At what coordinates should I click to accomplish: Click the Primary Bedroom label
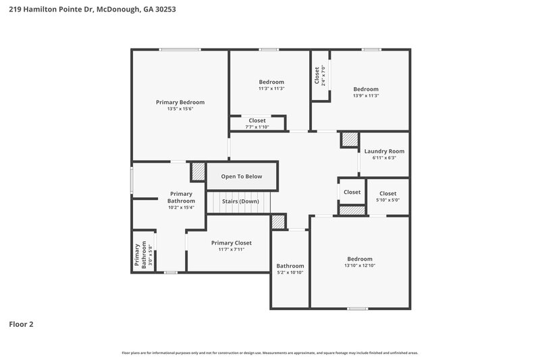pos(180,102)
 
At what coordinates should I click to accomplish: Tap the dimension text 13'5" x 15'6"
pos(180,109)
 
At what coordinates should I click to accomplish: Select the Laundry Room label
pos(384,151)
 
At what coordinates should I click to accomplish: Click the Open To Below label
pos(242,176)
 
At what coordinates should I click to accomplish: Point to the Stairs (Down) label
pos(241,201)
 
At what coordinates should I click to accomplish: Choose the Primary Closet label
pos(231,242)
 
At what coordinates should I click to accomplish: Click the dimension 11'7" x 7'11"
pos(231,249)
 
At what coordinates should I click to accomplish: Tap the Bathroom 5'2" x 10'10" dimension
pos(290,273)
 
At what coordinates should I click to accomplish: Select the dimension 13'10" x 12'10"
pos(359,265)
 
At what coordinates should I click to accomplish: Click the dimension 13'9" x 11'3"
pos(366,96)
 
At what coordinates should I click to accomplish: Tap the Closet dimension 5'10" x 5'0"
pos(387,200)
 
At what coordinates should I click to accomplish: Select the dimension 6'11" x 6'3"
pos(384,158)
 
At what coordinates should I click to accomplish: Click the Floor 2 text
pos(21,324)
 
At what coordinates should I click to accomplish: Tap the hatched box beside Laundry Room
pos(348,139)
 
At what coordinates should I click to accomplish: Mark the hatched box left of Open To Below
pos(198,171)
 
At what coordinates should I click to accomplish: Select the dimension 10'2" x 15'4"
pos(181,207)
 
